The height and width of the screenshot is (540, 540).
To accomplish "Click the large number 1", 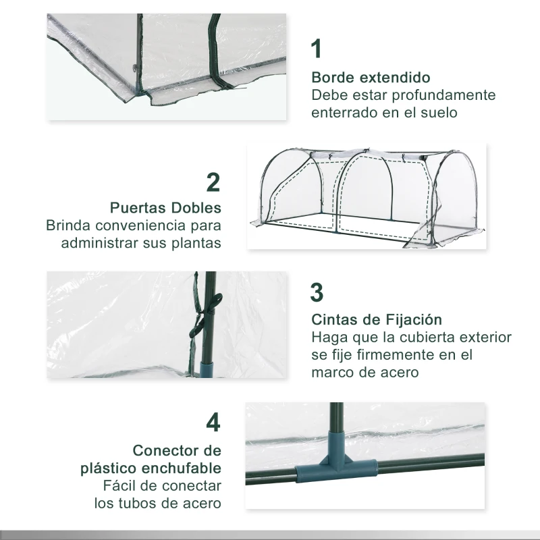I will click(317, 50).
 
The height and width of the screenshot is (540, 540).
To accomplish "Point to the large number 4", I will click(213, 423).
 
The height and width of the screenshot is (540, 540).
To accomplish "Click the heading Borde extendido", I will click(371, 78).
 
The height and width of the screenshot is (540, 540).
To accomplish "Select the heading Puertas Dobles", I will click(165, 207).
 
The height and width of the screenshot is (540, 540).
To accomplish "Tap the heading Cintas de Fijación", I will click(376, 319).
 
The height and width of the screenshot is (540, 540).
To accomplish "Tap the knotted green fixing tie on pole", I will click(197, 323).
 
